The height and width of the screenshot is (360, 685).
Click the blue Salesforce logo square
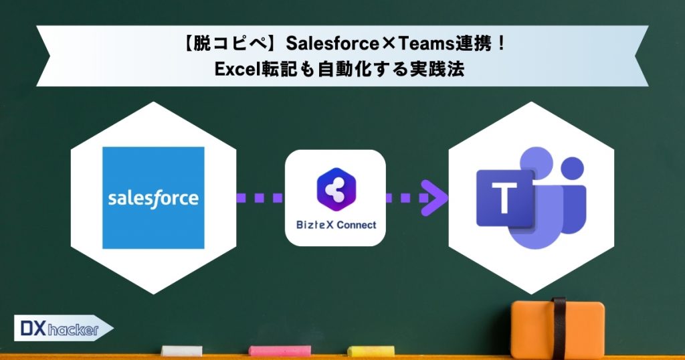153,197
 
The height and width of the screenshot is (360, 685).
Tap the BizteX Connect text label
336,225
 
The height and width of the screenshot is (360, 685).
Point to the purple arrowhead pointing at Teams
438,198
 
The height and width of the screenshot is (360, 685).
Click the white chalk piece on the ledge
182,350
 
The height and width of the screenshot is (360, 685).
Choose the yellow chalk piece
370,350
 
